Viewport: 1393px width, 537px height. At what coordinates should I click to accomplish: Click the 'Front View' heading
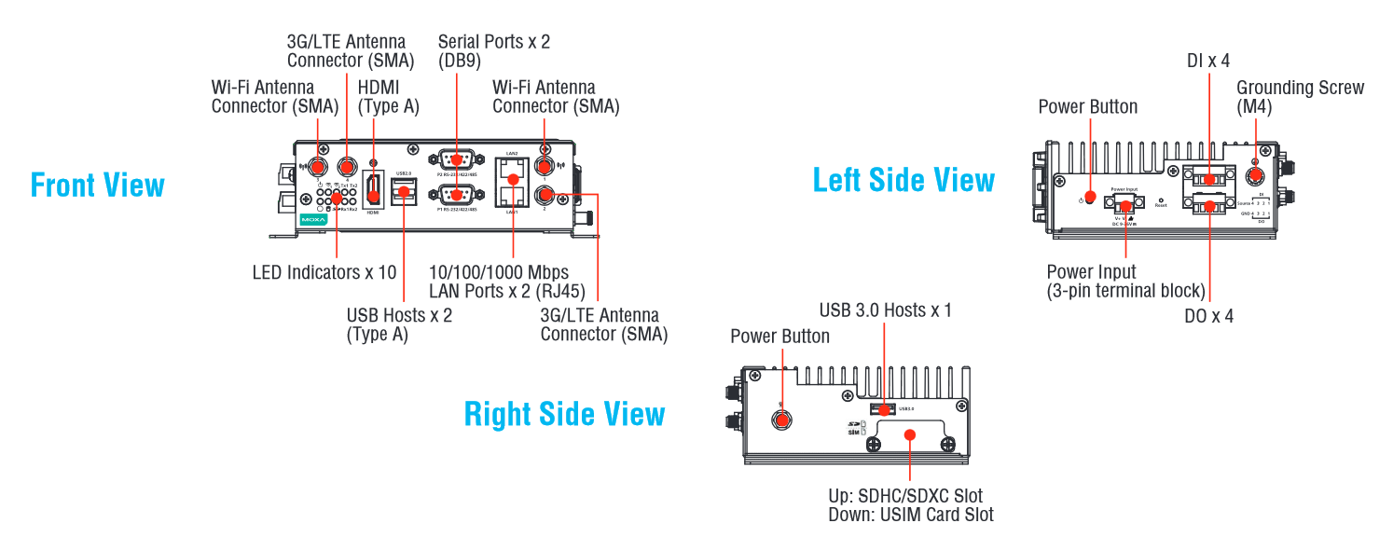[x=98, y=185]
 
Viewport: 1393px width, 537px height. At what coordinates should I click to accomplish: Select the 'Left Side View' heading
[x=903, y=179]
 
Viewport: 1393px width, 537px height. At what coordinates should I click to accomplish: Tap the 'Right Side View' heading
[x=564, y=413]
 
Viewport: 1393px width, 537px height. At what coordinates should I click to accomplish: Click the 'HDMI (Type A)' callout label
[x=388, y=97]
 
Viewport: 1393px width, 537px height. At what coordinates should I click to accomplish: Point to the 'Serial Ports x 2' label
[x=494, y=42]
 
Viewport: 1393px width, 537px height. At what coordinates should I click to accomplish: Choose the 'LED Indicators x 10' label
[x=324, y=273]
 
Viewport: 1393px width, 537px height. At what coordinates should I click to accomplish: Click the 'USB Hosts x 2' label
[x=399, y=315]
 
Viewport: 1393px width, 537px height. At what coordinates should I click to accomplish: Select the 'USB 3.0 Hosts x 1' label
[x=885, y=310]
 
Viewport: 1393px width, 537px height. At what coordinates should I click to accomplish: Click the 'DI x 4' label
[x=1207, y=61]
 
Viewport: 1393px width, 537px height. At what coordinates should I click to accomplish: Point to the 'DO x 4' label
[x=1208, y=316]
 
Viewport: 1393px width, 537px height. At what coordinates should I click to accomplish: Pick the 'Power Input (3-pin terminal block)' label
[x=1125, y=281]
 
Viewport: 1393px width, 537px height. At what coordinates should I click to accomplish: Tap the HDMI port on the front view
[x=372, y=192]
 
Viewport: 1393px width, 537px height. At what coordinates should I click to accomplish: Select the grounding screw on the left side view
[x=1256, y=173]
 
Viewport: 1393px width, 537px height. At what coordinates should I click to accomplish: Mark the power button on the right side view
[x=781, y=420]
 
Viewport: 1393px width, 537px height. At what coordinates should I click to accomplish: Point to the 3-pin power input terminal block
[x=1126, y=202]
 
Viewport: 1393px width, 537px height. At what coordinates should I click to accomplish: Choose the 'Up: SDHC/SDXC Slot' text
[x=904, y=496]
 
